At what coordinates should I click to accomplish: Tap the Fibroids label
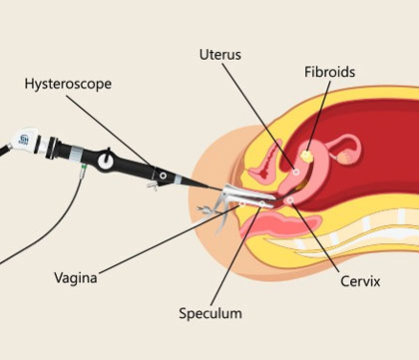click(x=329, y=72)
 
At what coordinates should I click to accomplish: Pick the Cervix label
click(x=360, y=281)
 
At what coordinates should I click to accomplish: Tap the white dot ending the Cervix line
click(x=291, y=198)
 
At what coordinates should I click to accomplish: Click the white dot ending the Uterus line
click(x=296, y=173)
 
